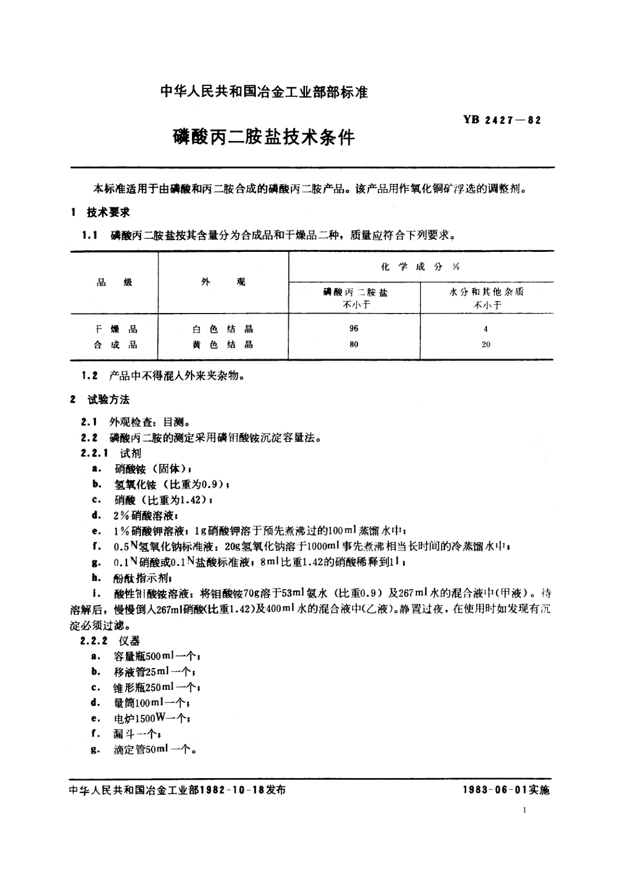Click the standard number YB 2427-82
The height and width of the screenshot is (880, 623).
pyautogui.click(x=501, y=120)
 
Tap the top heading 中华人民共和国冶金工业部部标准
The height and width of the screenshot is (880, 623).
pyautogui.click(x=264, y=92)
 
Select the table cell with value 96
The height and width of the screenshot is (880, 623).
pyautogui.click(x=354, y=329)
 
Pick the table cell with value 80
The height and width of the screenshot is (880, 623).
pyautogui.click(x=354, y=344)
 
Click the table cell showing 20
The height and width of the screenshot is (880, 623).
pyautogui.click(x=486, y=344)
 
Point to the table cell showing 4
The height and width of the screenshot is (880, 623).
pyautogui.click(x=486, y=329)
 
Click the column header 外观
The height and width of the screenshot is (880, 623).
pyautogui.click(x=223, y=282)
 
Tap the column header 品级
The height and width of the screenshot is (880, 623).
pyautogui.click(x=115, y=282)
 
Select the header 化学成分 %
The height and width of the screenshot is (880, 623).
pyautogui.click(x=421, y=267)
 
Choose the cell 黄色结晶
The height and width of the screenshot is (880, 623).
pyautogui.click(x=223, y=345)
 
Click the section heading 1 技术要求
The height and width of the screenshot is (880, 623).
pyautogui.click(x=100, y=212)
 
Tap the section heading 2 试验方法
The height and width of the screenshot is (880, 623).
pyautogui.click(x=100, y=400)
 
